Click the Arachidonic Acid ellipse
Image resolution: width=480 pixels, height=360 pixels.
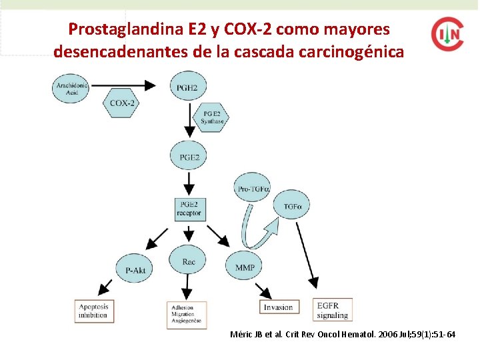click(x=73, y=87)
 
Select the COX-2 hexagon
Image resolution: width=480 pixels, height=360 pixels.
click(x=123, y=103)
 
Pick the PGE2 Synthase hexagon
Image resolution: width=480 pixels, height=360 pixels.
click(x=212, y=118)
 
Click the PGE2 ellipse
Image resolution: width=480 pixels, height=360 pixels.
click(x=189, y=157)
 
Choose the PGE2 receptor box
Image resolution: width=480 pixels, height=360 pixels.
click(x=189, y=209)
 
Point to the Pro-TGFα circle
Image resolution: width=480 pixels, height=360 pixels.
click(x=254, y=189)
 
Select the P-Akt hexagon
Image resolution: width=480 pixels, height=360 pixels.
click(x=135, y=269)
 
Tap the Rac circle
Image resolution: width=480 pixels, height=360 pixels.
click(x=189, y=262)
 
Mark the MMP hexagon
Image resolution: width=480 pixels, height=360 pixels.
click(x=245, y=267)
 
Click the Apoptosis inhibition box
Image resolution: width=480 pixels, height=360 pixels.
click(x=93, y=310)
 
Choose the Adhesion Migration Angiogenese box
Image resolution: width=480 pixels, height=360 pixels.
click(x=187, y=315)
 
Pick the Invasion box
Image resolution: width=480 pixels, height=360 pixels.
click(x=278, y=307)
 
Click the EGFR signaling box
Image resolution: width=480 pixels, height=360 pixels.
click(x=332, y=310)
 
